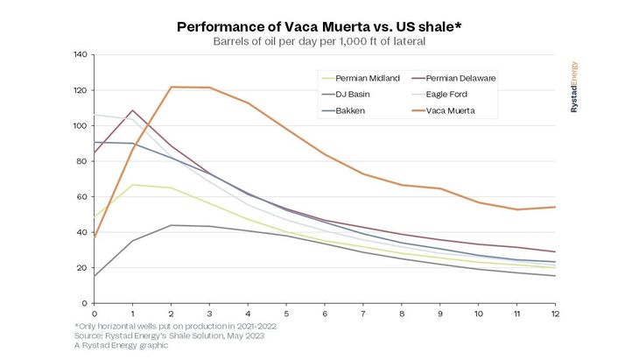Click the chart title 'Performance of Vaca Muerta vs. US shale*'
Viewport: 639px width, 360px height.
coord(319,26)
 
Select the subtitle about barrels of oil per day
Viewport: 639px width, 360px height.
coord(319,40)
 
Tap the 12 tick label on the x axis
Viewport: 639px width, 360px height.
coord(553,313)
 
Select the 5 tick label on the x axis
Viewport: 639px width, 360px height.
coord(285,313)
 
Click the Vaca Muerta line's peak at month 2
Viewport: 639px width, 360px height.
coord(171,87)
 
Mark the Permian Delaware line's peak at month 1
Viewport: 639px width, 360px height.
coord(132,110)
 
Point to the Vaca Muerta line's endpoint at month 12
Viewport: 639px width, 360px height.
coord(553,207)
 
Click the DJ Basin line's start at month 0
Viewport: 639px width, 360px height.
coord(95,276)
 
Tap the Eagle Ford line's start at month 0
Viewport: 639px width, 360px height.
coord(95,115)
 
